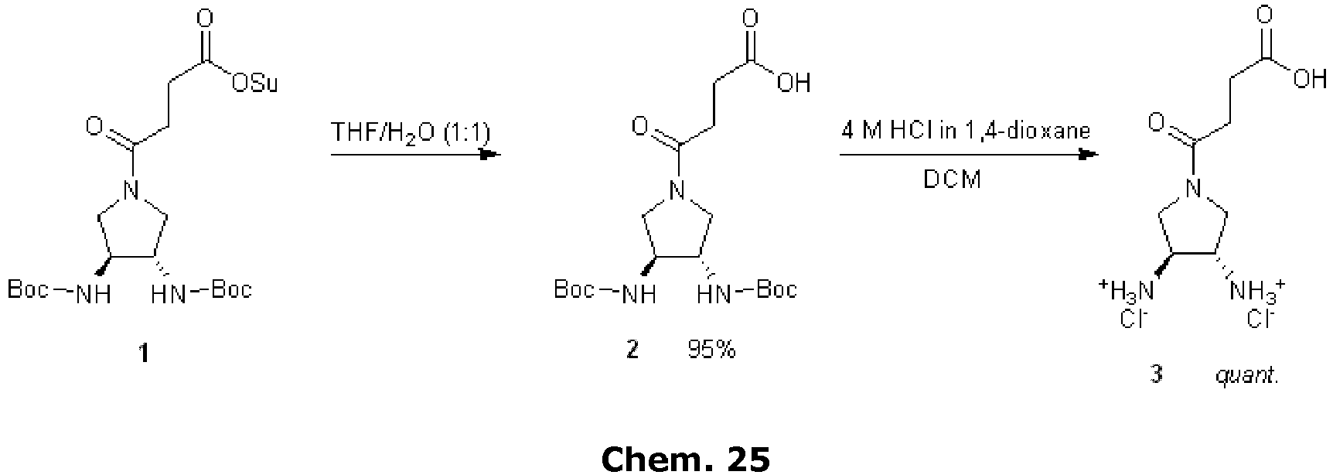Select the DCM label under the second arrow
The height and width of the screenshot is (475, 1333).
(x=953, y=179)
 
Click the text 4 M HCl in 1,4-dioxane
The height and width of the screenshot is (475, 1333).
(x=966, y=130)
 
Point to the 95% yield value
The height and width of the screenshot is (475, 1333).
(x=711, y=350)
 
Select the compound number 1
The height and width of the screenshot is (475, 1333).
(x=143, y=354)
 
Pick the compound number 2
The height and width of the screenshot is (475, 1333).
(x=632, y=350)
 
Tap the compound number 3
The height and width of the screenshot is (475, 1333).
(x=1156, y=377)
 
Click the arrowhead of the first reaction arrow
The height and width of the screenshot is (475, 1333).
(x=490, y=155)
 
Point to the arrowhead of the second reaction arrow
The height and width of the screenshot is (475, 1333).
(x=1088, y=155)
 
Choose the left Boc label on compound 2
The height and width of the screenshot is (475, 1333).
(x=574, y=290)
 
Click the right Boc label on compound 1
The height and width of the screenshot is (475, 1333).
(x=231, y=290)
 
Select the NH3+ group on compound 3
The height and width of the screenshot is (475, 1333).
(x=1257, y=291)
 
